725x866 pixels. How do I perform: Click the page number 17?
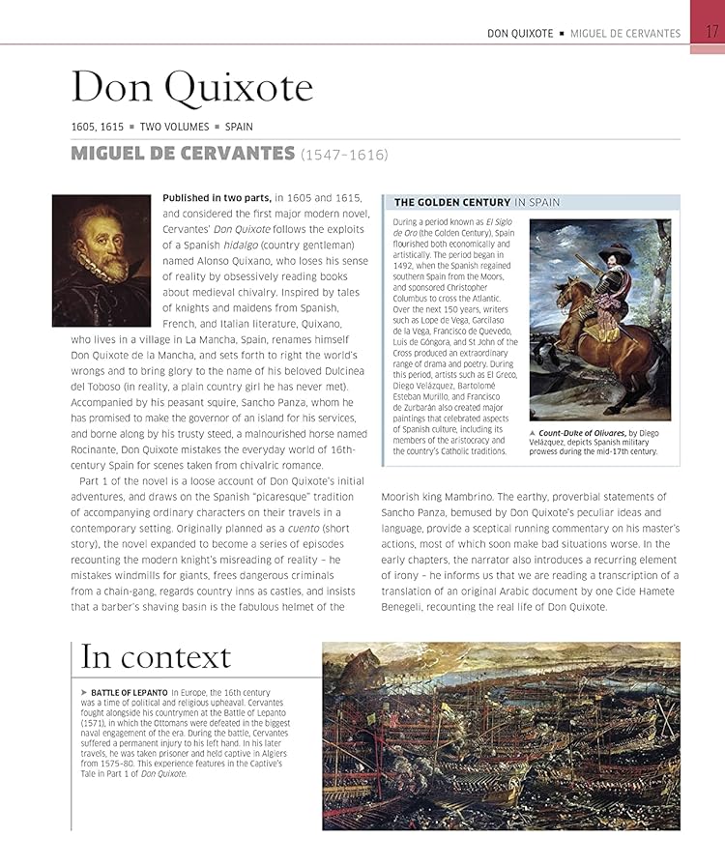pos(711,32)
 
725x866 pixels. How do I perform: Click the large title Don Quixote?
pos(191,88)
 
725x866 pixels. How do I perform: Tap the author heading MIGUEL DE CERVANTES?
pos(183,153)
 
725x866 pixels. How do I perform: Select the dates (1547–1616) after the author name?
pos(344,154)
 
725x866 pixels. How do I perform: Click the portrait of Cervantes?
pos(101,260)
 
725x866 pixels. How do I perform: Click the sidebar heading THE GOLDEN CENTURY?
pos(451,202)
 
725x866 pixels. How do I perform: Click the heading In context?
pos(156,657)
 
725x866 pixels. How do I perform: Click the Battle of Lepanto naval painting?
pos(501,736)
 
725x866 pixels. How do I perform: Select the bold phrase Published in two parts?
pos(217,197)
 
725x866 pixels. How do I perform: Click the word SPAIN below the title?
pos(239,127)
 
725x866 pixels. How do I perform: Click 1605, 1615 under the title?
pos(98,127)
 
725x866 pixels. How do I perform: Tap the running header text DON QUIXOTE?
pos(520,33)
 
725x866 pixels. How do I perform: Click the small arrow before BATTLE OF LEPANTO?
pos(84,693)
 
